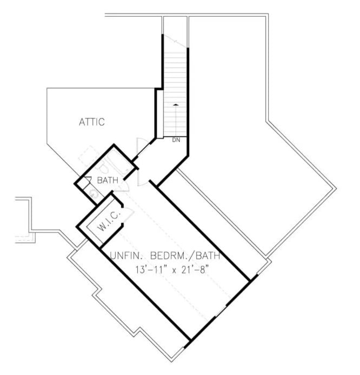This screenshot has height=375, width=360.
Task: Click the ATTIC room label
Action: tap(91, 122)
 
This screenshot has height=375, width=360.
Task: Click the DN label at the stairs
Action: tap(176, 140)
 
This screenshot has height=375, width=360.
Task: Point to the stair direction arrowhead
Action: tap(175, 104)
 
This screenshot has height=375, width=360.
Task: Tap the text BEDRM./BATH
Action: tap(186, 256)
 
